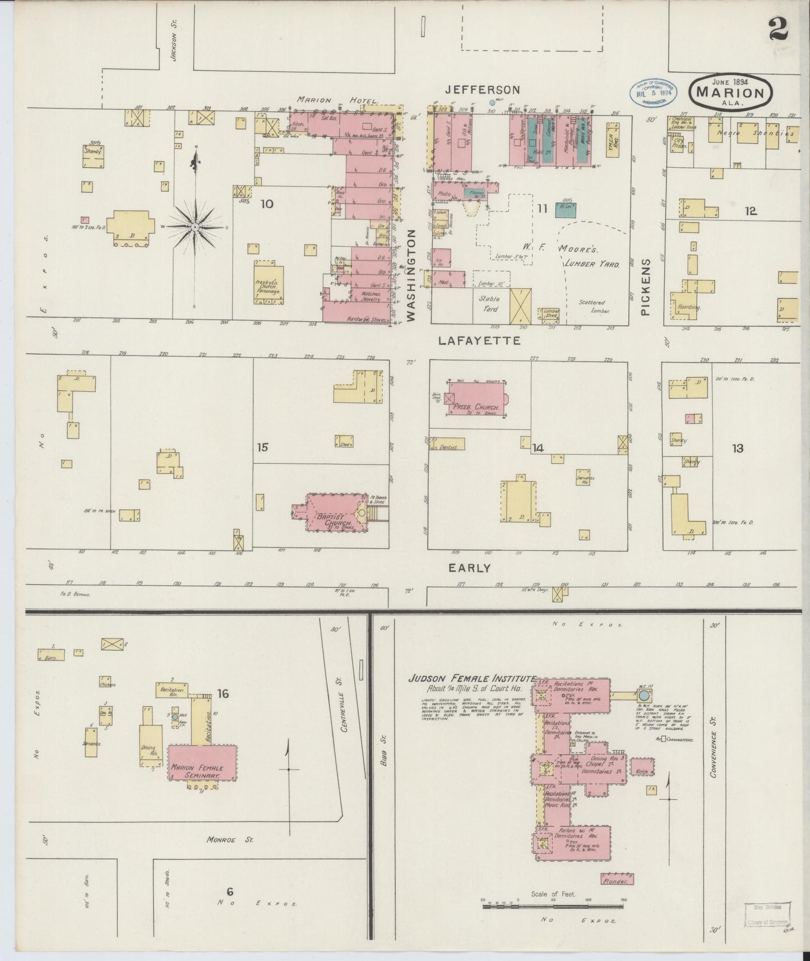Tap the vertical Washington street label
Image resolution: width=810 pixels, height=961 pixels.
[x=413, y=277]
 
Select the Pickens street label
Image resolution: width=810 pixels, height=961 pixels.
[x=646, y=287]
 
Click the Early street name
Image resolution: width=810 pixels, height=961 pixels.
[x=469, y=568]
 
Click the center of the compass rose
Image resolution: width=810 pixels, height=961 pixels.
[x=195, y=227]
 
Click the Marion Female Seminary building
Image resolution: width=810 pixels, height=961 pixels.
[x=202, y=762]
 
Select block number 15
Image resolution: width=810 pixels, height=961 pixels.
[x=263, y=447]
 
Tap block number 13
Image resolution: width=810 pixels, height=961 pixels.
[x=738, y=448]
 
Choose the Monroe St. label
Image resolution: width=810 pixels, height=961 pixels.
[x=230, y=840]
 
